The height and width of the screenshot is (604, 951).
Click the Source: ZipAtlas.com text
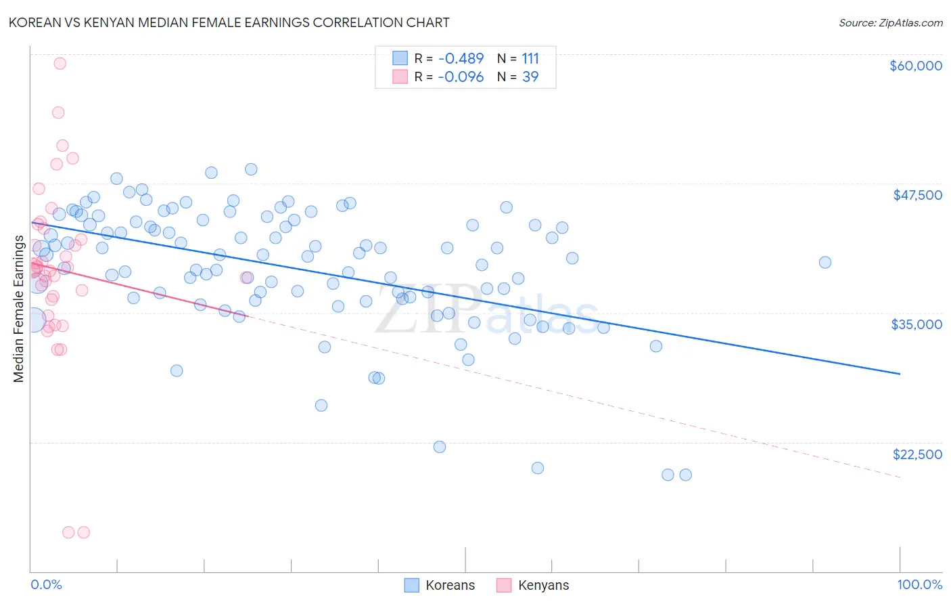[x=890, y=23]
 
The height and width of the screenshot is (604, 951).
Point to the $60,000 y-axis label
[x=915, y=66]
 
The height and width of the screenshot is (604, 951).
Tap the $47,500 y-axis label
[x=917, y=195]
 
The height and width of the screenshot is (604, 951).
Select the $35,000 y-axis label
[x=917, y=324]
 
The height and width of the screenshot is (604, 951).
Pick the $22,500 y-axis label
[x=917, y=454]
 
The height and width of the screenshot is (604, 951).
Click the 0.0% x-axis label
[x=46, y=585]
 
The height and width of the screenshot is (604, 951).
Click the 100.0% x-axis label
[x=919, y=585]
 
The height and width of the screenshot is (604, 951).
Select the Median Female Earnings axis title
[x=19, y=309]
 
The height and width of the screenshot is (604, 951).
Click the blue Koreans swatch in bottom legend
[x=412, y=585]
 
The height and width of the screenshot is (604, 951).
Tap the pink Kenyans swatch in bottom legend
[x=504, y=585]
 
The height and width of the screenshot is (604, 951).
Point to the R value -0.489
[x=461, y=59]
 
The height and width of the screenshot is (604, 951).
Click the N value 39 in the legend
[x=530, y=77]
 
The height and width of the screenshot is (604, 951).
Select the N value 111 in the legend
[x=530, y=59]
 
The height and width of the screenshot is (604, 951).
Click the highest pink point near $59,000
[x=60, y=64]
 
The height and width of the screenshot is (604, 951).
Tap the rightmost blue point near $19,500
[x=685, y=475]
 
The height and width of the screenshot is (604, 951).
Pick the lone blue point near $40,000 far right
[x=825, y=263]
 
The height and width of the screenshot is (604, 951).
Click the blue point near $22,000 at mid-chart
[x=440, y=447]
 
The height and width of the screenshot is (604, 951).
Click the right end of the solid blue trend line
[x=900, y=374]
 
